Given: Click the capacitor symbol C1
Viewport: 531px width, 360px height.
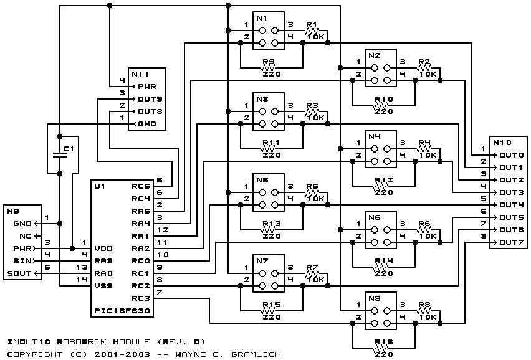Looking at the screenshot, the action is tap(60, 155).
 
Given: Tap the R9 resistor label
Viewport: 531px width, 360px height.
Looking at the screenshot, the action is tap(269, 62).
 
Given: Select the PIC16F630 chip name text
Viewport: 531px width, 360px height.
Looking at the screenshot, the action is tap(122, 311).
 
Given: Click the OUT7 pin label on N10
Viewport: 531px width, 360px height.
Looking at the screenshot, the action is tap(512, 242).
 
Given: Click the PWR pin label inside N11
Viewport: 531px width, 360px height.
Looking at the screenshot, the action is tap(147, 87).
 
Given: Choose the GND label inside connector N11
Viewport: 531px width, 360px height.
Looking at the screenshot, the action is tap(147, 124).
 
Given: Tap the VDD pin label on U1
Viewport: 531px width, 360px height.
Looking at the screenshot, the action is tap(103, 249).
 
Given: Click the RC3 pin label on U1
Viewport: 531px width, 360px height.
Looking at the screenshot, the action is tap(140, 298).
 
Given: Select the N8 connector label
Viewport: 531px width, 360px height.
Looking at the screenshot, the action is tap(374, 298).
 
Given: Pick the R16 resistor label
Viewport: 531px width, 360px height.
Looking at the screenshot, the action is tap(384, 342).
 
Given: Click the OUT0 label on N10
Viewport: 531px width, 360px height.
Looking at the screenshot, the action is tap(512, 155).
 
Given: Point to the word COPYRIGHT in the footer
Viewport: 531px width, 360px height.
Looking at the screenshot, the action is tap(34, 354).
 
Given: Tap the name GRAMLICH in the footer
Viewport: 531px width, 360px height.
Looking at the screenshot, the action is tap(256, 354).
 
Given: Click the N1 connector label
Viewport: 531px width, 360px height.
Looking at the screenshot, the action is tap(261, 18).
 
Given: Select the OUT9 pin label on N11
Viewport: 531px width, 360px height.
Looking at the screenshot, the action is tap(150, 99).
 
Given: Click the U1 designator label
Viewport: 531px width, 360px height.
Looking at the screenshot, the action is tap(100, 186).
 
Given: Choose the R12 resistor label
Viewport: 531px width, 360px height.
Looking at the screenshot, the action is tap(384, 180).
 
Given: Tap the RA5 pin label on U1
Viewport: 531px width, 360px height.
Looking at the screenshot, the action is tap(140, 211).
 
